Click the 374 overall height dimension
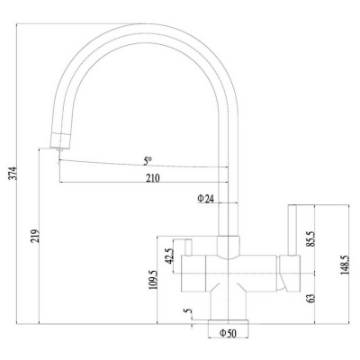click(x=13, y=173)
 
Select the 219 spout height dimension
click(x=35, y=237)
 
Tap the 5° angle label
click(x=147, y=162)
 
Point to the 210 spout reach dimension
click(x=153, y=178)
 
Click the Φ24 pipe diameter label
click(x=205, y=199)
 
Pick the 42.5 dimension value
click(x=170, y=256)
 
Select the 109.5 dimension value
click(x=153, y=279)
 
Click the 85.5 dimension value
click(x=310, y=238)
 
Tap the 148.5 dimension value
click(x=345, y=265)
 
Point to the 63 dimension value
click(x=310, y=298)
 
